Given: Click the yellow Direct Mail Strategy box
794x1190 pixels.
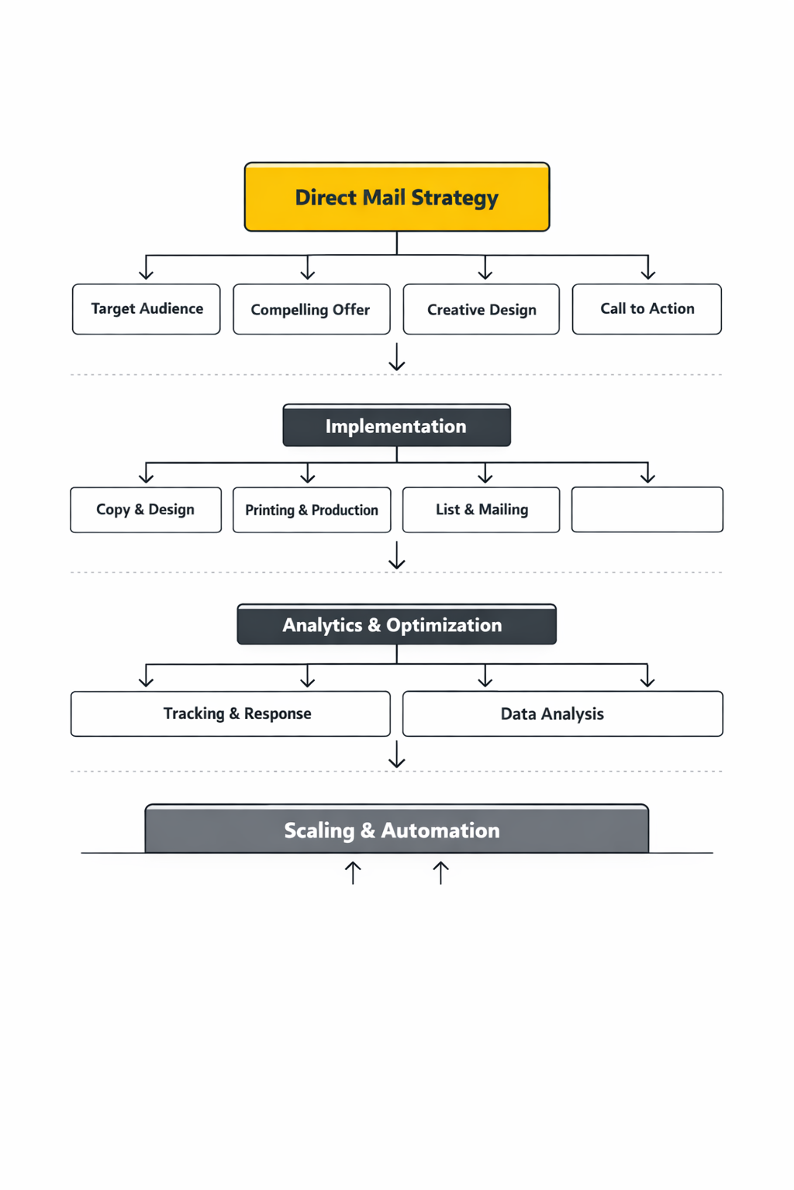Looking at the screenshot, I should [396, 197].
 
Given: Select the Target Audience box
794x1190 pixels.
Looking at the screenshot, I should [147, 309].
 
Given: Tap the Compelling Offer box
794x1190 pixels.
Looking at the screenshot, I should [311, 309].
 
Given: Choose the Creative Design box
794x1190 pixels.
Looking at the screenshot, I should [481, 309].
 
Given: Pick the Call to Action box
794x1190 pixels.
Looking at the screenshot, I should [647, 309].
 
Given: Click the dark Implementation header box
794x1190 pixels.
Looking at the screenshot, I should [396, 425].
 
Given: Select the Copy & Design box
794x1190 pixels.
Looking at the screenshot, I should [146, 510].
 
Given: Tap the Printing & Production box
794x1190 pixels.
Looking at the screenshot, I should [312, 510].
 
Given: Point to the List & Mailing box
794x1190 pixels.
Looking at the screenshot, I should [481, 510].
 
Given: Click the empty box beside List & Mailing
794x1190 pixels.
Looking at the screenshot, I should [647, 510].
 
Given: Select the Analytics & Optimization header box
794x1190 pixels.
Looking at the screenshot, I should [396, 624].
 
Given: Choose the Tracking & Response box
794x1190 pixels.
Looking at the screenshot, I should [230, 714].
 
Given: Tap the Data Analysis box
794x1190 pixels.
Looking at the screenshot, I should [562, 714].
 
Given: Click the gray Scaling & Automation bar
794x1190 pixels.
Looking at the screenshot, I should [396, 830].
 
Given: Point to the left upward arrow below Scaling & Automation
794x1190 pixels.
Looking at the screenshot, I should [353, 872].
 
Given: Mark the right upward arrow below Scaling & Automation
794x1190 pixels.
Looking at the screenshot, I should [440, 872].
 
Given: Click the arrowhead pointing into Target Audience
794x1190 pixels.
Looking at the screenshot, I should [146, 273].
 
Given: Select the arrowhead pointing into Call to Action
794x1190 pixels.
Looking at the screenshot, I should [647, 273].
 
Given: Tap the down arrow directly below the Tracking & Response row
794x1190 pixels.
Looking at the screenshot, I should [396, 755].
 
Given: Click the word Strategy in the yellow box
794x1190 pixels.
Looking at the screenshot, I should [454, 198].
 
